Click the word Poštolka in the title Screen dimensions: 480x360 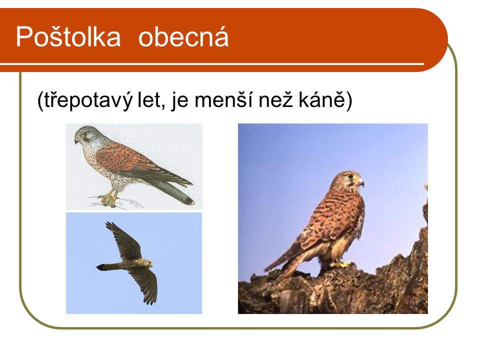(68, 36)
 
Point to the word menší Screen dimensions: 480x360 (223, 99)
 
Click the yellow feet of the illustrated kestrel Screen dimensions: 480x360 (109, 198)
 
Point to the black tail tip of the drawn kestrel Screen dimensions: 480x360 (188, 200)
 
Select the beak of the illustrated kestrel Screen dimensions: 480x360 (76, 140)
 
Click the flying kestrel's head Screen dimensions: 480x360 (148, 263)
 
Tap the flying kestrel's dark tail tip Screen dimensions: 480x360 (101, 267)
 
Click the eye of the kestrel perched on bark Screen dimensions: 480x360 (351, 176)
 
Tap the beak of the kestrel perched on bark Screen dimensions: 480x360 (361, 182)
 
